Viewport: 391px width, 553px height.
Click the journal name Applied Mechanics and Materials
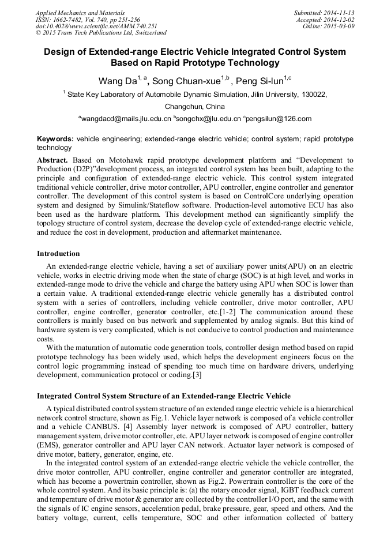[x=81, y=12]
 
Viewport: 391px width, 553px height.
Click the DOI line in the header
[x=96, y=26]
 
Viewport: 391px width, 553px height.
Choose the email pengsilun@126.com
[x=279, y=119]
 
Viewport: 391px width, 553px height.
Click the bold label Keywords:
[x=55, y=139]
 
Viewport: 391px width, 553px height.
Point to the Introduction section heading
[x=58, y=253]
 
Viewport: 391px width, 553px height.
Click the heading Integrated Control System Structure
[x=163, y=396]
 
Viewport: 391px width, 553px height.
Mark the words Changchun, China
[x=195, y=107]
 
